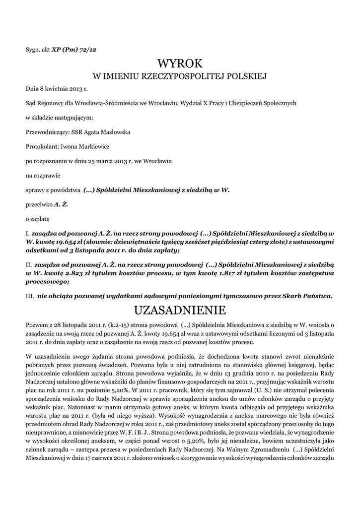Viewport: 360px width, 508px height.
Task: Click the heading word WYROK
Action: point(180,63)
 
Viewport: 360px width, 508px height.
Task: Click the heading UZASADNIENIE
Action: point(180,311)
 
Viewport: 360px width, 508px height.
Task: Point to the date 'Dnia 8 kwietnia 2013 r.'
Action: point(57,89)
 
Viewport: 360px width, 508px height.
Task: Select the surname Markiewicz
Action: point(91,147)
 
